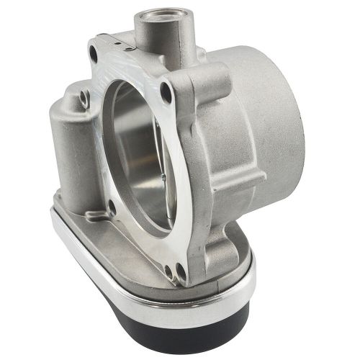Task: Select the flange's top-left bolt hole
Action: (x=94, y=51)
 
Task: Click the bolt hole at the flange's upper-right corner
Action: (x=167, y=92)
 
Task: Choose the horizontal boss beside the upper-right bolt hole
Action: (x=205, y=83)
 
